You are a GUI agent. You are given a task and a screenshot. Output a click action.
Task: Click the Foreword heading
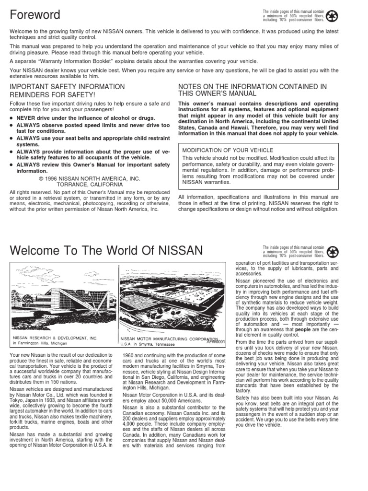35,14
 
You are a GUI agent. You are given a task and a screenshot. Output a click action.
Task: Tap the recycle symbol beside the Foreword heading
332,16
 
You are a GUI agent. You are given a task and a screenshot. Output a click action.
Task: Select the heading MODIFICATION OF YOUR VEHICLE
223,150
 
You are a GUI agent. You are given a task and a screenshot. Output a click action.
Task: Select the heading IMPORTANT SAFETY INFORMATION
67,86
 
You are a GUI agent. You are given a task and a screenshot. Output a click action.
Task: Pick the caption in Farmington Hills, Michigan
40,343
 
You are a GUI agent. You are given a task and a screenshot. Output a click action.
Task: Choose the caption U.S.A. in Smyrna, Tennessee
148,344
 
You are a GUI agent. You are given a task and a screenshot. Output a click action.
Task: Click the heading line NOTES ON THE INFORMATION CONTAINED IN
252,86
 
